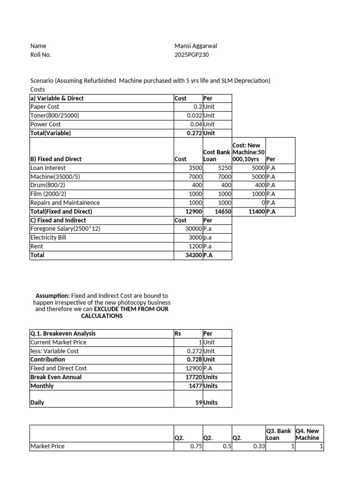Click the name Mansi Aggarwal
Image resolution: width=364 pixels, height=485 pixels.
[196, 46]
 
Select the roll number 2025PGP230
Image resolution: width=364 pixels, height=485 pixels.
[191, 54]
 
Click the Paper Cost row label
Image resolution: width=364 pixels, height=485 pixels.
[45, 107]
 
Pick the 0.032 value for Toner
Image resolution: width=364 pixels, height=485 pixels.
[194, 116]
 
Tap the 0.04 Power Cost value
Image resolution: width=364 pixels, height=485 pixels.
[196, 124]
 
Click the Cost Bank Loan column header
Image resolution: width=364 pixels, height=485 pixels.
[217, 155]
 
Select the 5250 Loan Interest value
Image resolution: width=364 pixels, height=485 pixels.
[224, 168]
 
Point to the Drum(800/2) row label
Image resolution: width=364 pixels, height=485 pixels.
[49, 185]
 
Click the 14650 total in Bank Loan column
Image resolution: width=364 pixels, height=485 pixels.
[223, 212]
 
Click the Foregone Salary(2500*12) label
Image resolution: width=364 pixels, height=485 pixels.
[65, 229]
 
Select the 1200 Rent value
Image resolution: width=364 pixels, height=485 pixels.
[195, 246]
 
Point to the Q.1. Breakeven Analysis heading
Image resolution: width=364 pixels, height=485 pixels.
[63, 333]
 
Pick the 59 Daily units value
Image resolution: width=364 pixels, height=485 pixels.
[198, 403]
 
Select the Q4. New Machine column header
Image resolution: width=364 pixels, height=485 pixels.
[308, 434]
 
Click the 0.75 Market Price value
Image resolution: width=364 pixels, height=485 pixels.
[196, 446]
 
